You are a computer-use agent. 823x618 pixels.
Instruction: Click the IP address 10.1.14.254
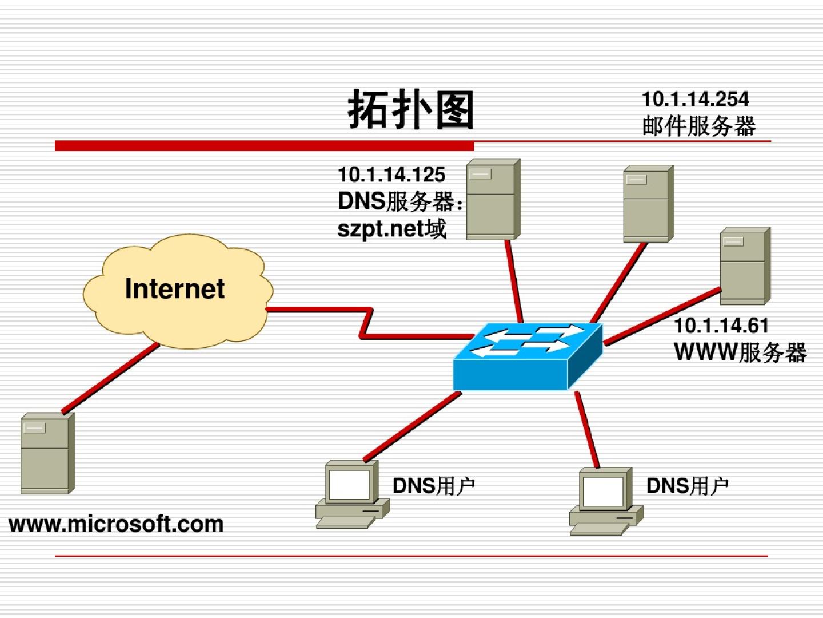(x=695, y=99)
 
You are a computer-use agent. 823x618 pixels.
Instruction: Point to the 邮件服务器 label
(x=698, y=126)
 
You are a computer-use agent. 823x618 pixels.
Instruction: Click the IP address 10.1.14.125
(x=391, y=175)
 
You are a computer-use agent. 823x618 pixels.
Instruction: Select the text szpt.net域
(x=391, y=229)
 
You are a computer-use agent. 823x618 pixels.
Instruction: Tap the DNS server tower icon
(x=493, y=199)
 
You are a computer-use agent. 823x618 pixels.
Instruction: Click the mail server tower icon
(x=648, y=204)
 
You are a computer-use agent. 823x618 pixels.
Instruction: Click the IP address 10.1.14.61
(x=721, y=326)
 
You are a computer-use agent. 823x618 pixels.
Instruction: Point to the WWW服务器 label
(x=740, y=352)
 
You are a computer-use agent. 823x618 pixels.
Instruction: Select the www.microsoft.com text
(x=117, y=524)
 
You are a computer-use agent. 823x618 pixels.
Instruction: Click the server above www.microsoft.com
(x=47, y=453)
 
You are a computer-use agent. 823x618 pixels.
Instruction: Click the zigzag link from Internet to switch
(x=366, y=324)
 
